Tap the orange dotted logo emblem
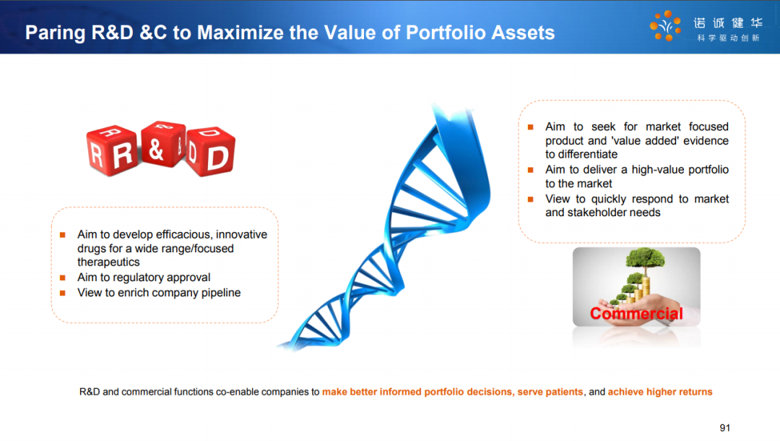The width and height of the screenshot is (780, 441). pos(665,25)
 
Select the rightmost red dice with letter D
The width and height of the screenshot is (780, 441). pos(211,152)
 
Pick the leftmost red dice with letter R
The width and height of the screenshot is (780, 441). pos(111,151)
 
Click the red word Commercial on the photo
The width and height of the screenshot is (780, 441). pos(636,314)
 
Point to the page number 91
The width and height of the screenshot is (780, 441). pos(725,427)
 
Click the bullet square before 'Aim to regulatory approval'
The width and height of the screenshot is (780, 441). pos(63,278)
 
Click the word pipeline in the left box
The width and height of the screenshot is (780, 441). pos(221,293)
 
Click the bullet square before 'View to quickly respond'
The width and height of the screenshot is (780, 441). pos(531,199)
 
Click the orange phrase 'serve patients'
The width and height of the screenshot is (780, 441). pos(550,392)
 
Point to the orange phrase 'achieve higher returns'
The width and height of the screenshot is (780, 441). pos(660,392)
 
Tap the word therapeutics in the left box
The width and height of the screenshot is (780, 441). pos(108,262)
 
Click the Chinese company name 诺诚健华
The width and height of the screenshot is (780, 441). pos(728,23)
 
